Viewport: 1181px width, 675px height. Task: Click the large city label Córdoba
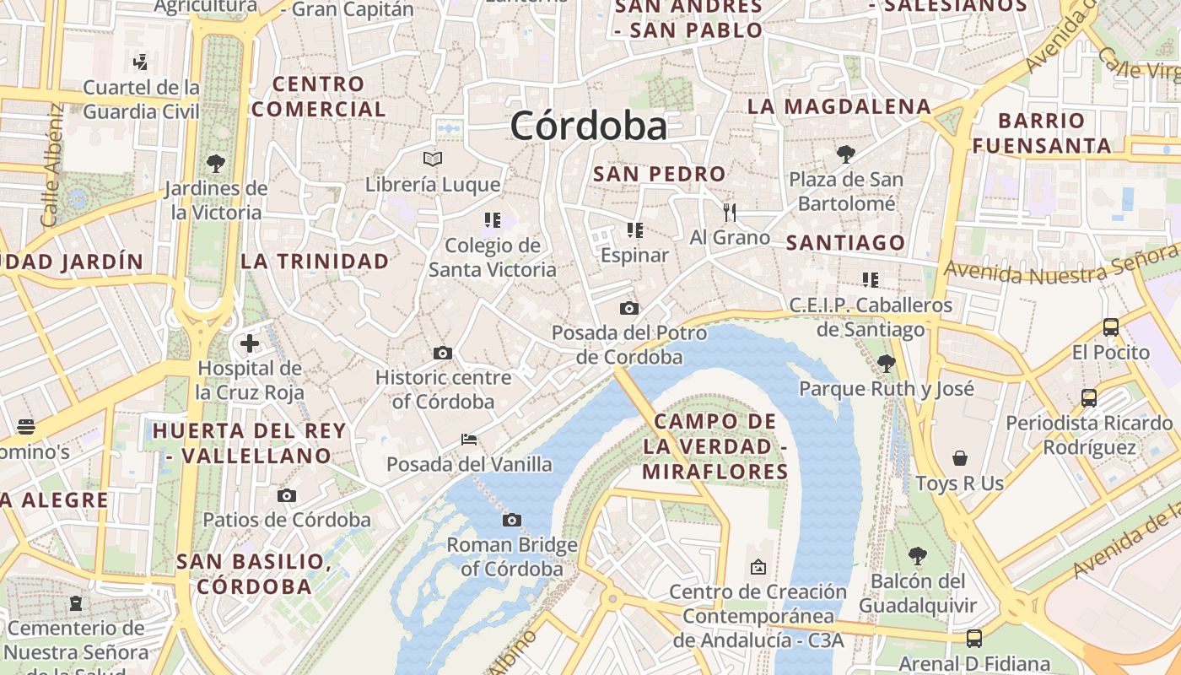(x=588, y=127)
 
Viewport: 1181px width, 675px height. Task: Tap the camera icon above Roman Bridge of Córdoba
(x=512, y=520)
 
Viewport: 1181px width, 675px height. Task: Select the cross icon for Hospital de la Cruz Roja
(x=250, y=343)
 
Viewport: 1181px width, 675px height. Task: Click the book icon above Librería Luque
(x=433, y=159)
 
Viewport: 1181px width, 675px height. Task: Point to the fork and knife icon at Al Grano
(x=730, y=212)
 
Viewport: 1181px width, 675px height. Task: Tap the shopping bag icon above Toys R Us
(x=960, y=458)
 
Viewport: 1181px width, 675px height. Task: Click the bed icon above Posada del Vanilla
(x=469, y=440)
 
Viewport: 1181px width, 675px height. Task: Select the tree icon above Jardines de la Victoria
(x=216, y=163)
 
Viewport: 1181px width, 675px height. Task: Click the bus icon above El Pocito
(x=1111, y=327)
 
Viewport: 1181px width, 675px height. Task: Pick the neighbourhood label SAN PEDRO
(x=659, y=175)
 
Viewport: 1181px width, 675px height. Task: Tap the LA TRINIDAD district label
(x=315, y=262)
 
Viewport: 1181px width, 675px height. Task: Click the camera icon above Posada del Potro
(x=628, y=308)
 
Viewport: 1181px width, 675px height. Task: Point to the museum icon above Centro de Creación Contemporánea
(x=758, y=567)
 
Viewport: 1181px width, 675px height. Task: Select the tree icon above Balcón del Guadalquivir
(x=918, y=556)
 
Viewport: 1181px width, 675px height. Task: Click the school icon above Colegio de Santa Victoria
(x=493, y=220)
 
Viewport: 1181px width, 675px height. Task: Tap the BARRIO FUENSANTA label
(x=1041, y=132)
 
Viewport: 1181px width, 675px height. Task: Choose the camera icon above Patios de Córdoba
(x=287, y=495)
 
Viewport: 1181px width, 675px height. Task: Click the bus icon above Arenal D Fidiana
(x=974, y=639)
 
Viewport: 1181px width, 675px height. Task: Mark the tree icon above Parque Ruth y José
(x=886, y=364)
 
